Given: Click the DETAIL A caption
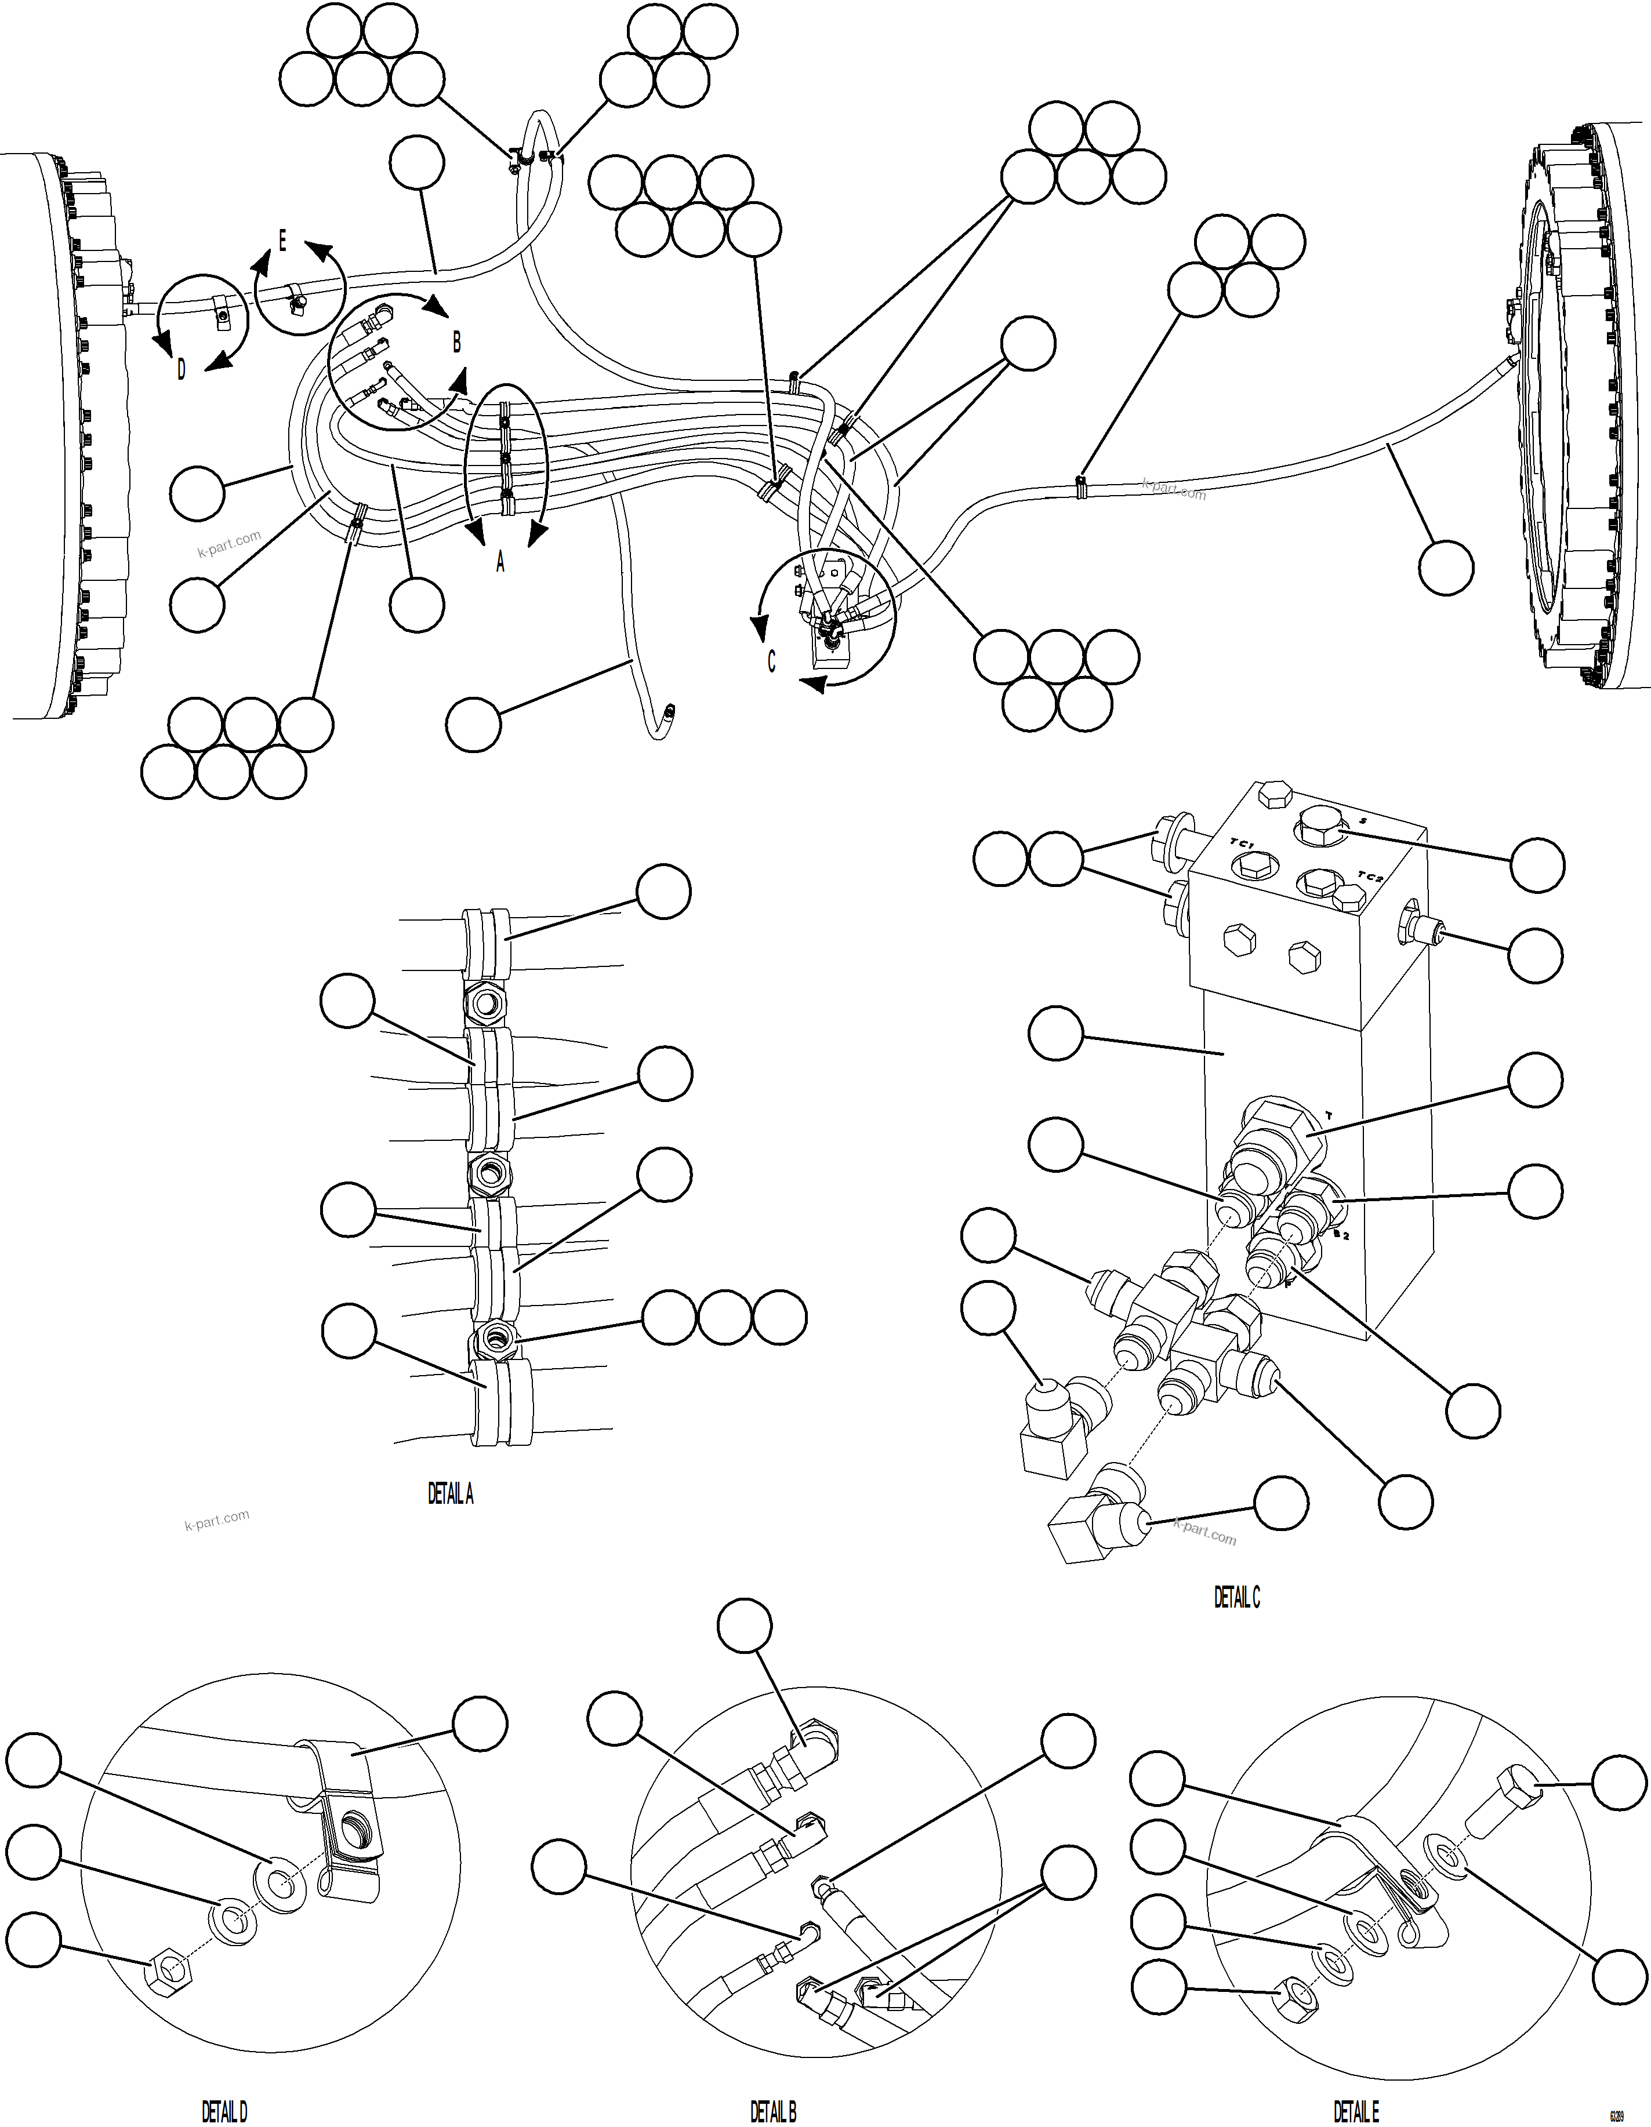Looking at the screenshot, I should pyautogui.click(x=450, y=1494).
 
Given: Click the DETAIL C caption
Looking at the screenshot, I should pyautogui.click(x=1236, y=1597).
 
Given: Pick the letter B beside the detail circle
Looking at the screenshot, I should pyautogui.click(x=456, y=342).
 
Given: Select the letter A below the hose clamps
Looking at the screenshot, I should pyautogui.click(x=500, y=562).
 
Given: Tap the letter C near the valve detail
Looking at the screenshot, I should pyautogui.click(x=771, y=661).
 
